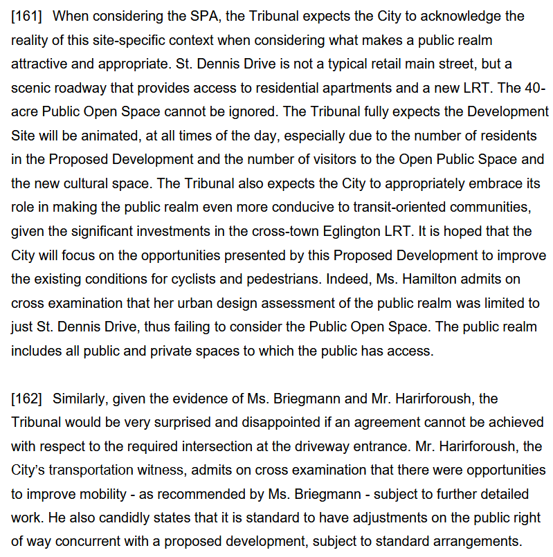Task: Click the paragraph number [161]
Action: (x=26, y=15)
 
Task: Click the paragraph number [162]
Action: (x=26, y=399)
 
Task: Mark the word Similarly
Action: (x=80, y=399)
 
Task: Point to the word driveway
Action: (x=327, y=446)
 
